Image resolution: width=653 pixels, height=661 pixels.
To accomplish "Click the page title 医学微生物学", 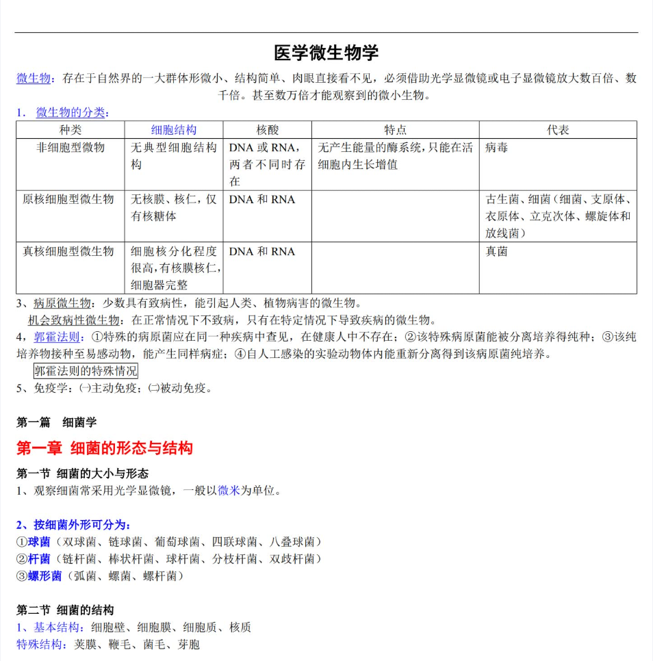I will (326, 53).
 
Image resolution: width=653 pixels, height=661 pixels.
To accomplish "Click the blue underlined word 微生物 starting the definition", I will (34, 79).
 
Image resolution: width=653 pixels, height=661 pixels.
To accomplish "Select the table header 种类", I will (71, 130).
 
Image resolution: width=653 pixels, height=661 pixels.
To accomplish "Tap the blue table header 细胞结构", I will (174, 130).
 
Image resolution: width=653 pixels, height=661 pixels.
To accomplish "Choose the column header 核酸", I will (268, 130).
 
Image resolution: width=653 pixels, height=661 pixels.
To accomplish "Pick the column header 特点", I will (395, 130).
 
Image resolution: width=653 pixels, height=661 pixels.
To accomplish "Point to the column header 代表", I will (558, 130).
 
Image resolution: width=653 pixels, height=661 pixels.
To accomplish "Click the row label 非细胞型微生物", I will (71, 148).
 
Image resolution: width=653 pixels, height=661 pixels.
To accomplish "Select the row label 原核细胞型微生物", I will (68, 200).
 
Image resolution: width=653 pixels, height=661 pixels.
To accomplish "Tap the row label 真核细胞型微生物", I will (68, 252).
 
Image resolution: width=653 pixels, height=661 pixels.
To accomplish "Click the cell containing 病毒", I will (497, 148).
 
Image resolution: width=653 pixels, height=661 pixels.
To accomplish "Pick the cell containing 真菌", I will (497, 252).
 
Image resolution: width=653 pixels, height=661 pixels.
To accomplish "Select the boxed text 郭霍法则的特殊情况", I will (86, 372).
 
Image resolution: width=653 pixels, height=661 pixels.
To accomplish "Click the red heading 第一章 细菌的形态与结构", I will (105, 448).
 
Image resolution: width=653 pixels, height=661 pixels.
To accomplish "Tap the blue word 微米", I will (229, 491).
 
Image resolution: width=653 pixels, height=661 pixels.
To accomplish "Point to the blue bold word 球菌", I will (39, 542).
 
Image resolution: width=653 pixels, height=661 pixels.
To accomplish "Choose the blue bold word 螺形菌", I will (44, 576).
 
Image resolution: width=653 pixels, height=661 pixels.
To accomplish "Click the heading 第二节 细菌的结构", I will (65, 610).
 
